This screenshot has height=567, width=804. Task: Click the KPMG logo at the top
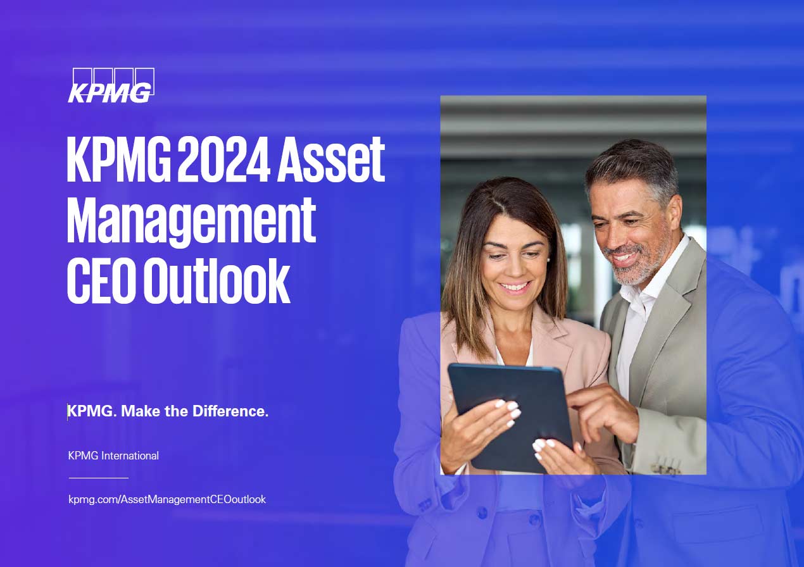(111, 85)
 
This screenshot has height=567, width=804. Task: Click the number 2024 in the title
(223, 159)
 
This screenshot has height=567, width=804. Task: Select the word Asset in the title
(330, 159)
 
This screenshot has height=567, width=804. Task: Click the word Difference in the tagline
(230, 411)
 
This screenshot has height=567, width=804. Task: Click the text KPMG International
(113, 456)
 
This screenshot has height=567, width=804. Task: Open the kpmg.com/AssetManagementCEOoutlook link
(167, 499)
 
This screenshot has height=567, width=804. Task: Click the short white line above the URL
(98, 478)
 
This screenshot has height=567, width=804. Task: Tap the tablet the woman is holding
(510, 416)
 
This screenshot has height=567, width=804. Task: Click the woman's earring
(548, 259)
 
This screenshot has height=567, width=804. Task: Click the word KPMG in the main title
(119, 159)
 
